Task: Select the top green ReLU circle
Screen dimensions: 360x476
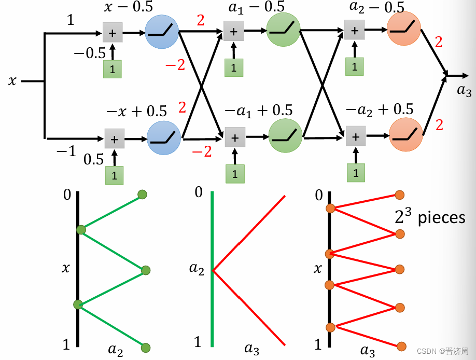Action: point(284,30)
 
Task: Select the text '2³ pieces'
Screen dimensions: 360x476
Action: point(430,217)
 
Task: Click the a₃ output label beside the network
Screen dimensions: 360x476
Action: point(464,91)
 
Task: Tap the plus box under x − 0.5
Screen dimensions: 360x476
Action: point(113,32)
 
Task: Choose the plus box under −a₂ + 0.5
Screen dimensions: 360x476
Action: point(355,137)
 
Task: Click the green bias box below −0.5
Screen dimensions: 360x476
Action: point(112,69)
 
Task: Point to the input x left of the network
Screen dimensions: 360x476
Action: point(12,81)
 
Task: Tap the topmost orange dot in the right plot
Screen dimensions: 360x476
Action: point(399,195)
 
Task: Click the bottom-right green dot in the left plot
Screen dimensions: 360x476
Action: point(145,347)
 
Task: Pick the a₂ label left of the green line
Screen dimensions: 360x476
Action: point(198,269)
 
